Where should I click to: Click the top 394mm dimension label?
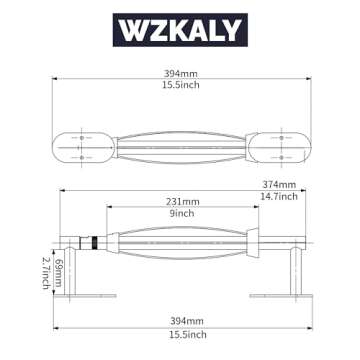[x=180, y=72]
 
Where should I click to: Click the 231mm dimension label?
[x=182, y=202]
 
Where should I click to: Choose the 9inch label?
[x=182, y=214]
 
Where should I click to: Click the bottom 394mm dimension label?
[x=180, y=319]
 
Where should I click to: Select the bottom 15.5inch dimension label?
[x=180, y=333]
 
